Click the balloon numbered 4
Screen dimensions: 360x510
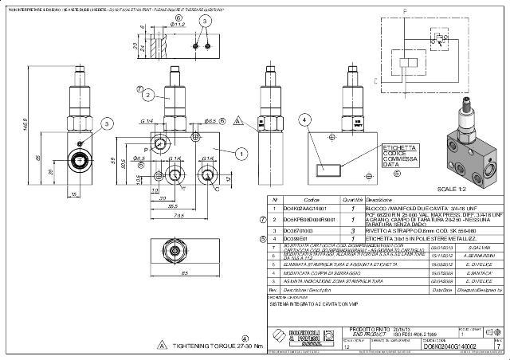click(304, 119)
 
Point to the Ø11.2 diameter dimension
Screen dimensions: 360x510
click(178, 25)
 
